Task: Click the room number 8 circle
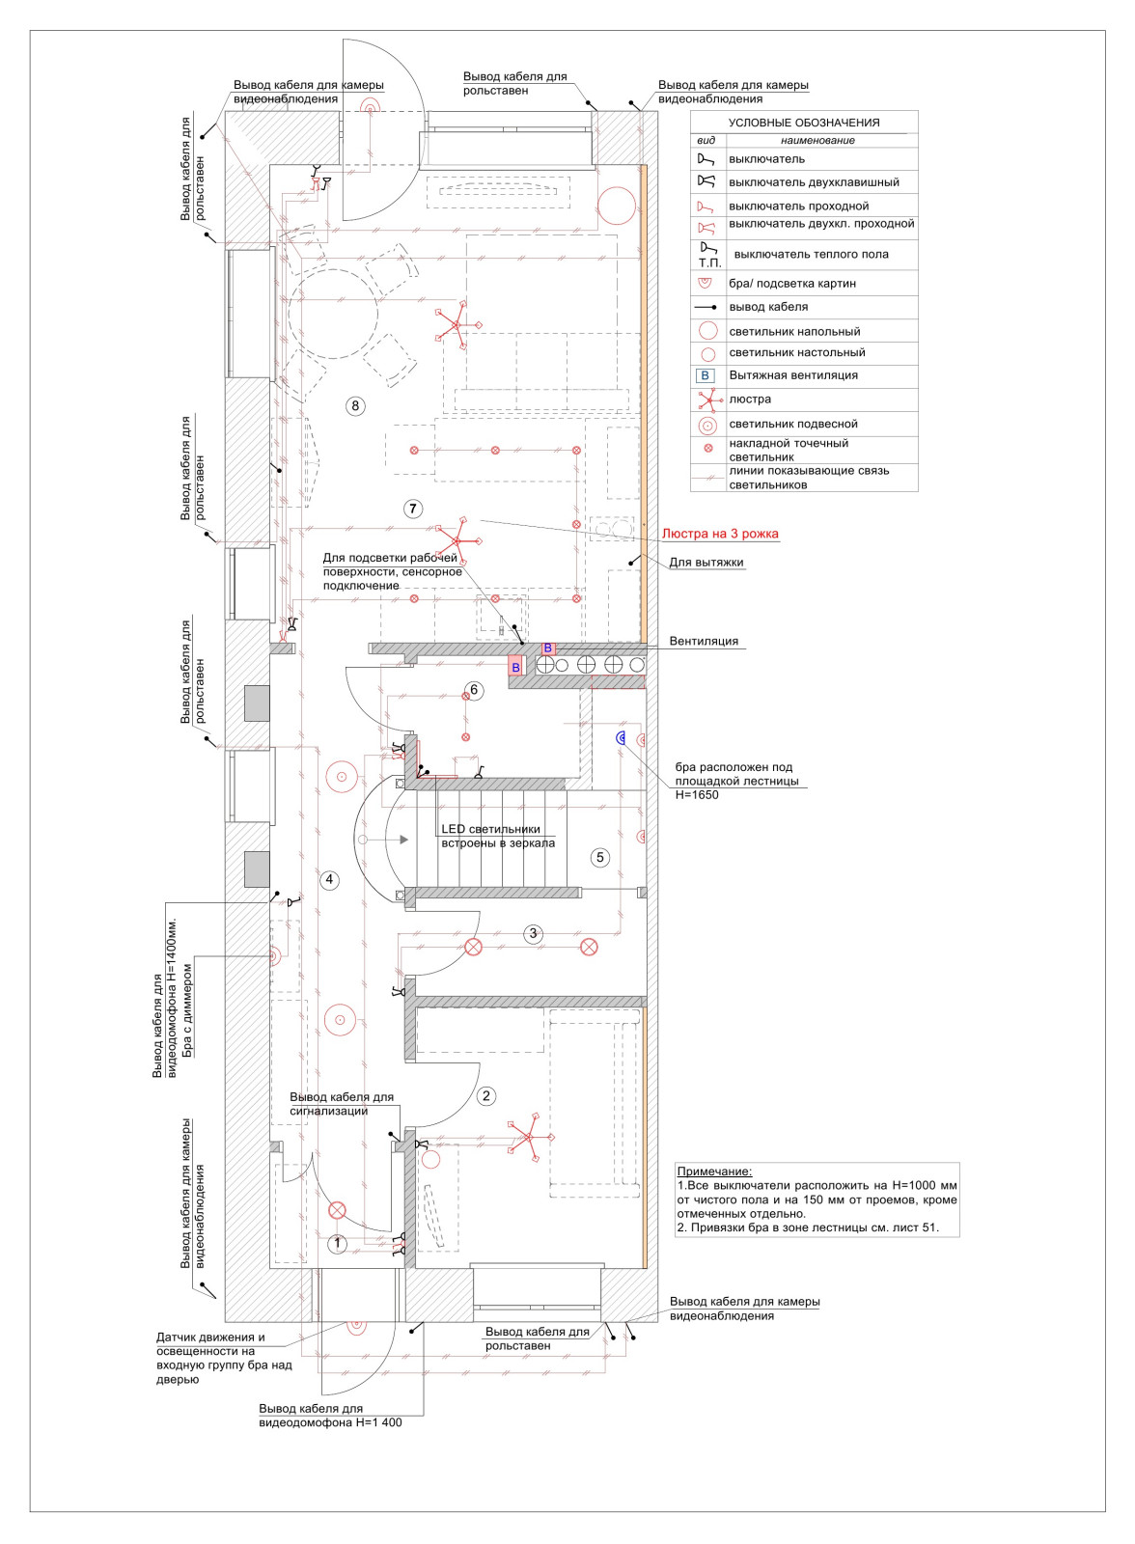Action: coord(355,406)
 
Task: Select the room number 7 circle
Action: coord(413,509)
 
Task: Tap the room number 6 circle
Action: coord(473,690)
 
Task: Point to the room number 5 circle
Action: coord(600,857)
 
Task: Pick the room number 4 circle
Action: coord(329,879)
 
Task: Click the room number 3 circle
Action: coord(533,933)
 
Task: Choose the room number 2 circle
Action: coord(485,1095)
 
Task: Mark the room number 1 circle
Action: coord(337,1244)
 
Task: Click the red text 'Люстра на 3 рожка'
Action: coord(720,534)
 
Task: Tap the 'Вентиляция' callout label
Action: coord(704,641)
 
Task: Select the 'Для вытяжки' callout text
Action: coord(706,563)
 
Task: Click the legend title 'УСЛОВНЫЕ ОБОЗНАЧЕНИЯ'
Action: coord(804,123)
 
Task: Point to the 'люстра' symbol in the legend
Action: coord(708,400)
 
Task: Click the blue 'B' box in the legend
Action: coord(706,375)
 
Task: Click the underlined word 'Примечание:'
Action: coord(714,1172)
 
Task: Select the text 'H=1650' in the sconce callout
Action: coord(697,795)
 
